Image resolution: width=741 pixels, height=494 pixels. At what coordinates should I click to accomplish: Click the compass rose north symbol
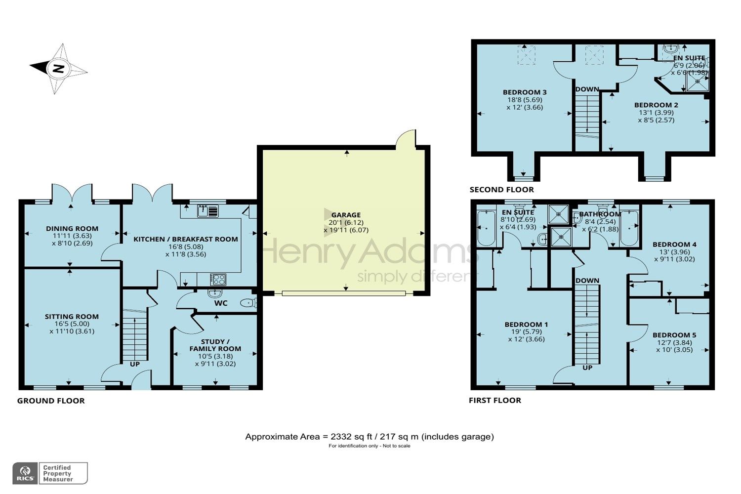pos(59,69)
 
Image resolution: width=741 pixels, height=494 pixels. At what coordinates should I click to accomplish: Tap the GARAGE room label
pos(346,215)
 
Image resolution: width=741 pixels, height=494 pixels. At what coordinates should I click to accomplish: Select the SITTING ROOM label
pos(72,317)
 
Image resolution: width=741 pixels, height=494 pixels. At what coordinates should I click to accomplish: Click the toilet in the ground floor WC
pos(247,303)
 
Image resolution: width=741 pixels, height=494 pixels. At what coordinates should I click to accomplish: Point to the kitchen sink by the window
pos(207,211)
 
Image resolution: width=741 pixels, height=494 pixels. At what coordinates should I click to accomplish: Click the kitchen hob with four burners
pos(218,280)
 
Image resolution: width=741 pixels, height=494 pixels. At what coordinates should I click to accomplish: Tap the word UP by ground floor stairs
pos(134,364)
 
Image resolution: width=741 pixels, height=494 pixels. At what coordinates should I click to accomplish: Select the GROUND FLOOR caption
pos(51,401)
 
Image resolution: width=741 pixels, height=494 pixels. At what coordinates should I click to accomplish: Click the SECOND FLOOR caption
pos(501,190)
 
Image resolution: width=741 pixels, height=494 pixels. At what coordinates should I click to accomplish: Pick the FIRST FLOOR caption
pos(494,401)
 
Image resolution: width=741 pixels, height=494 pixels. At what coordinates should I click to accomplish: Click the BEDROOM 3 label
pos(525,92)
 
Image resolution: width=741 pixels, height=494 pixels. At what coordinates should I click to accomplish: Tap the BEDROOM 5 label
pos(674,335)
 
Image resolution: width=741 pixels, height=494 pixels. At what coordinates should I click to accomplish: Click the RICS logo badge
pos(24,473)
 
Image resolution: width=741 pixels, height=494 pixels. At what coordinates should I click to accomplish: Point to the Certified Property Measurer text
pos(58,473)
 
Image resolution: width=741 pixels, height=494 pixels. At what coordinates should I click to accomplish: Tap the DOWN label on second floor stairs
pos(587,89)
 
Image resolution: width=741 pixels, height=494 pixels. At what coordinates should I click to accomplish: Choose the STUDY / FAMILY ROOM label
pos(215,345)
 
